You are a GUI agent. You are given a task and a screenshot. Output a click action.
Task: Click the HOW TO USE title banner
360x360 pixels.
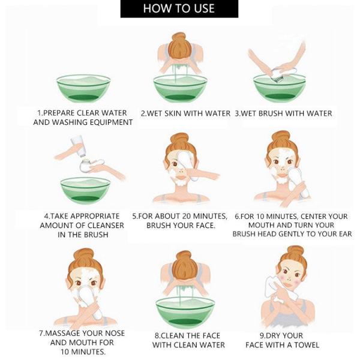coord(179,8)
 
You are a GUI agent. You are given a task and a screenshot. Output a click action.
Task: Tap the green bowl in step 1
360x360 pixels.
coord(83,88)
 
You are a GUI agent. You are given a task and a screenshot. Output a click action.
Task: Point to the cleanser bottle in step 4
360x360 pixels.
coord(78,145)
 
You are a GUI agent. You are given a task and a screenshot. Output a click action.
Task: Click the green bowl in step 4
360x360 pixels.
coord(85,191)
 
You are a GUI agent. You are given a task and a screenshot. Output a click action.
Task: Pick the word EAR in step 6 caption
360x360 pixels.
coord(346,234)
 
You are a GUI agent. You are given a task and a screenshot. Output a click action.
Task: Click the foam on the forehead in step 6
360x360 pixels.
coord(283,152)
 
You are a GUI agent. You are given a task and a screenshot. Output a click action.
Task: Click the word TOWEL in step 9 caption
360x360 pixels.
coord(307,345)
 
